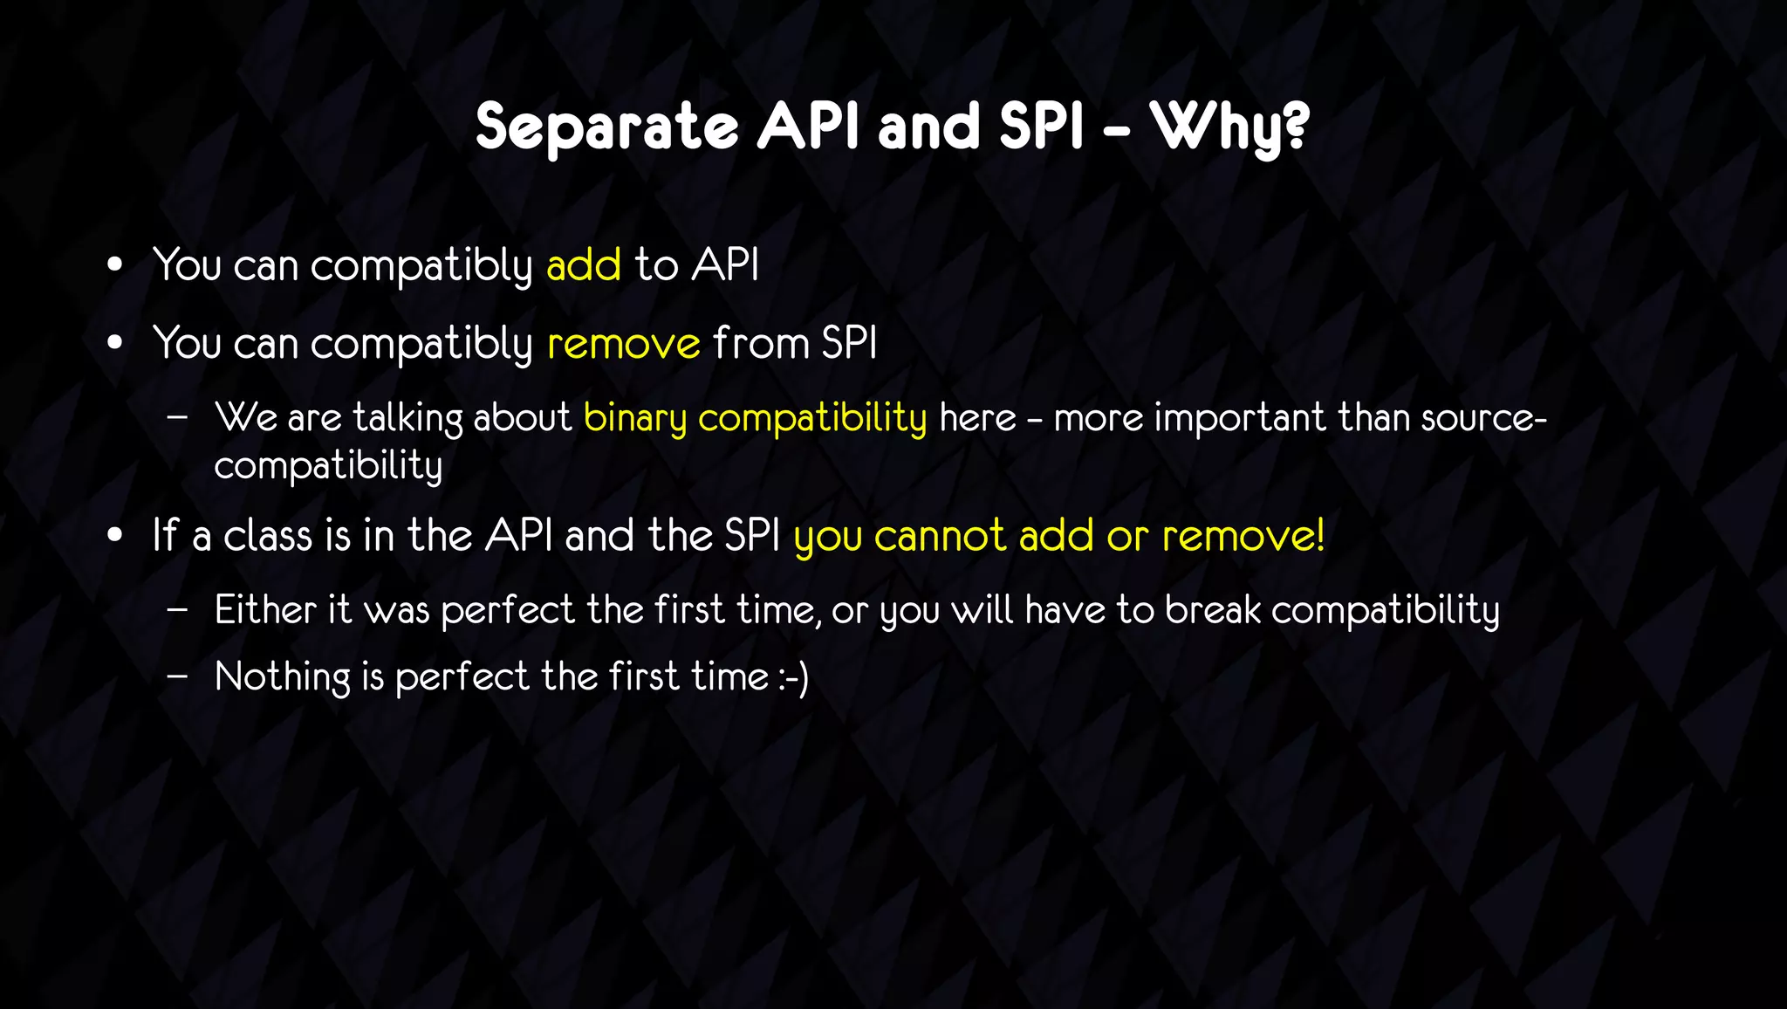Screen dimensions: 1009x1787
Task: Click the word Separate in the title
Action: (x=607, y=127)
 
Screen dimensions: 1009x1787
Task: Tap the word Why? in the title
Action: (x=1229, y=127)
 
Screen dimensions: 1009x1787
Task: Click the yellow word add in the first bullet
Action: (x=584, y=264)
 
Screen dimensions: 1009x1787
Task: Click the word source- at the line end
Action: (x=1483, y=417)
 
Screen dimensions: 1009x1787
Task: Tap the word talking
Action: (x=407, y=418)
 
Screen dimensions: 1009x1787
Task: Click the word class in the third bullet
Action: (x=267, y=535)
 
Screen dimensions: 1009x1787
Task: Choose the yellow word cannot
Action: (x=940, y=536)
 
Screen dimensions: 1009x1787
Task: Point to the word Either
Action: (x=265, y=609)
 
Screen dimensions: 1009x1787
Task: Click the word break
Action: (x=1212, y=609)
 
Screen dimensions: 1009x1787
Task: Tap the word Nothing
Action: (x=282, y=677)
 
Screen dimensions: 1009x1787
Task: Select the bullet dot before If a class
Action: (x=115, y=536)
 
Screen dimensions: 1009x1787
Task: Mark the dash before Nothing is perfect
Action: (x=177, y=676)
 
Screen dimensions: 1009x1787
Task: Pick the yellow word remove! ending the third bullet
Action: (x=1243, y=536)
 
